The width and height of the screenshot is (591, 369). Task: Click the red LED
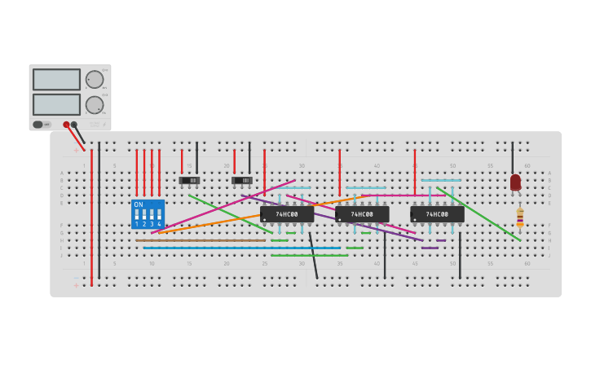coord(515,182)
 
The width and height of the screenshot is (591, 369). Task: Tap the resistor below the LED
coord(520,217)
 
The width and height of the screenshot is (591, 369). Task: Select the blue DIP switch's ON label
coord(139,204)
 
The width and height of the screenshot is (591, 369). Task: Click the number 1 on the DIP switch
coord(137,223)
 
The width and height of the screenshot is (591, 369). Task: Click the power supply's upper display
coord(56,79)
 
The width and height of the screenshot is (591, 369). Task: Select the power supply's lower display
coord(56,104)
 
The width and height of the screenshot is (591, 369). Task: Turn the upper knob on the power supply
coord(95,79)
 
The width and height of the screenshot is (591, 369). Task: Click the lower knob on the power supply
coord(95,104)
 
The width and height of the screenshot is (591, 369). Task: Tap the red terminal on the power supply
coord(67,125)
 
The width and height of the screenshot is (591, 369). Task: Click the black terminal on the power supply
coord(74,125)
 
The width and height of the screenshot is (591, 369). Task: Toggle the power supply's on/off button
coord(38,125)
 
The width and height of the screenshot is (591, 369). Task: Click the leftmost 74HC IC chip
coord(287,214)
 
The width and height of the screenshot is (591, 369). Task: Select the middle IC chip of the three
coord(362,214)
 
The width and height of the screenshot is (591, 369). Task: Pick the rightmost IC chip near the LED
coord(437,214)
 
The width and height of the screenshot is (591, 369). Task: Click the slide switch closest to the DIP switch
coord(189,180)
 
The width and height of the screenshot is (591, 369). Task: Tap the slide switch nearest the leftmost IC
coord(241,180)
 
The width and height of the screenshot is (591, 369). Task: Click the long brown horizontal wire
coord(200,240)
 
